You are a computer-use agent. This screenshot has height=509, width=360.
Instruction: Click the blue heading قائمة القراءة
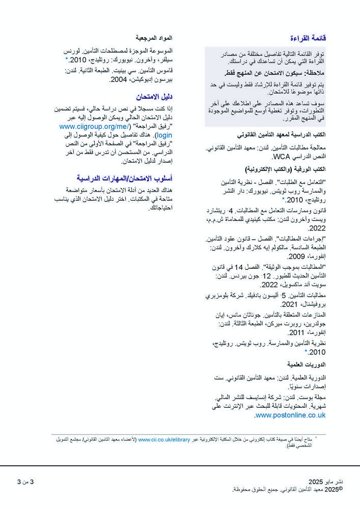(x=308, y=38)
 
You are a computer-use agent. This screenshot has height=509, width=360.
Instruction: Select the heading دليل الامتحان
(x=154, y=96)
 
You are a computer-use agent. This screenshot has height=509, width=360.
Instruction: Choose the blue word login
(x=164, y=135)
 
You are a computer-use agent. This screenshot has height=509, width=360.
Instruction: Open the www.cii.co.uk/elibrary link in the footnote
(x=164, y=439)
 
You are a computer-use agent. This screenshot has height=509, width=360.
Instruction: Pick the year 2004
(x=118, y=79)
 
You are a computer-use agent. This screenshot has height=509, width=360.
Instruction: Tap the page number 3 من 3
(x=25, y=482)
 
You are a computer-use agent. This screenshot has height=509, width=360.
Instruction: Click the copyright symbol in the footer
(x=341, y=489)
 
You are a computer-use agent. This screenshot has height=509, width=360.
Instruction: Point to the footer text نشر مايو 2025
(x=326, y=482)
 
